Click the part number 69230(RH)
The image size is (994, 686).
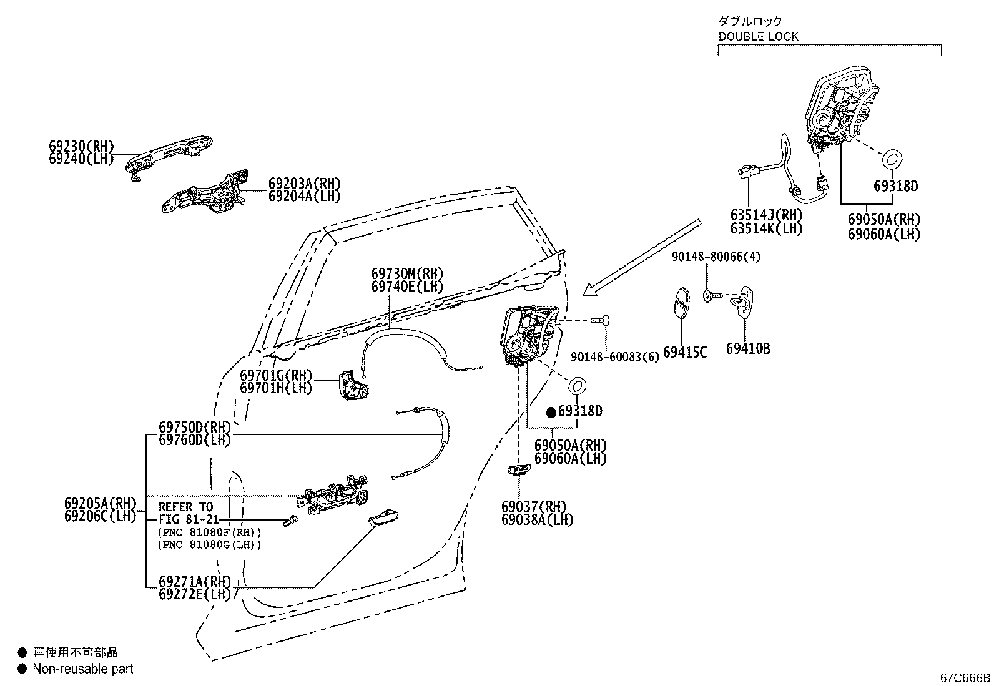[x=81, y=146]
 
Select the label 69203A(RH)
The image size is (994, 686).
[x=305, y=184]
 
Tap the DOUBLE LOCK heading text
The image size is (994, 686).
[x=759, y=36]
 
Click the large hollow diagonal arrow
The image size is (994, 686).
[x=642, y=257]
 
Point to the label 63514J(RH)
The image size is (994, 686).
[x=767, y=215]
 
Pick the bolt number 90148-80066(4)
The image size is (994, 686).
[x=716, y=257]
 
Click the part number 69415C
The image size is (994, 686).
[x=685, y=352]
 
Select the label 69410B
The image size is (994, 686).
[x=748, y=349]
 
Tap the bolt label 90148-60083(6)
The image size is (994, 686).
[x=615, y=357]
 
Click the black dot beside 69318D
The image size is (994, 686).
[x=551, y=413]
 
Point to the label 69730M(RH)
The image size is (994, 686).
[x=407, y=273]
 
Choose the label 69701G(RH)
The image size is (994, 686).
[x=276, y=375]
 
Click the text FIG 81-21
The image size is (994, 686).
[x=189, y=519]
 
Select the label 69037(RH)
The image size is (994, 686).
[x=534, y=506]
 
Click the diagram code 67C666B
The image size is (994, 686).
[x=965, y=678]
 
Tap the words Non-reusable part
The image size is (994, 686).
[x=83, y=669]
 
